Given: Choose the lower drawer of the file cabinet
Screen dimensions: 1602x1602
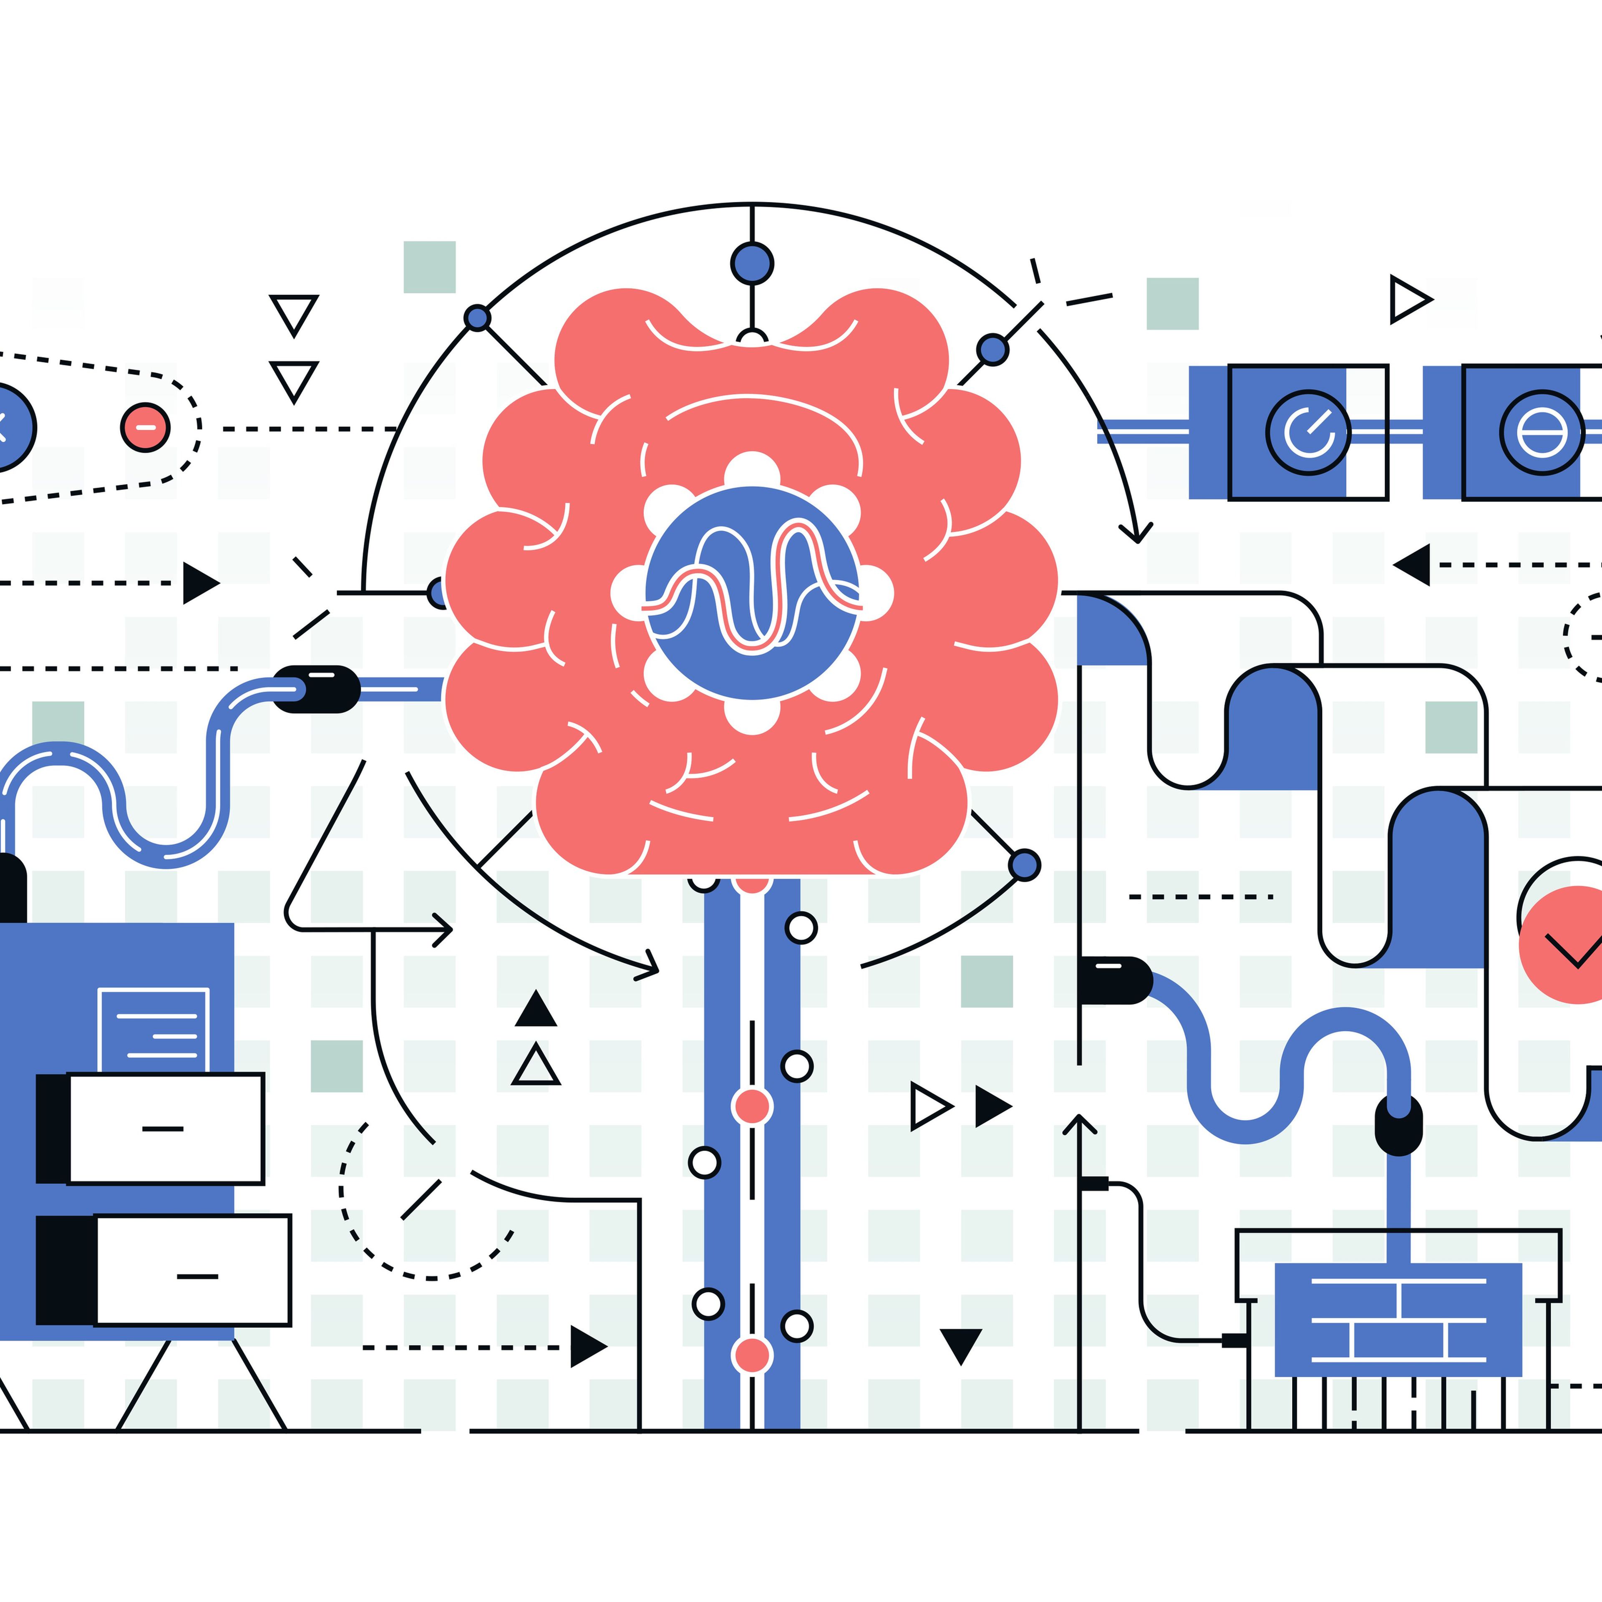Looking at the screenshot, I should (192, 1270).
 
